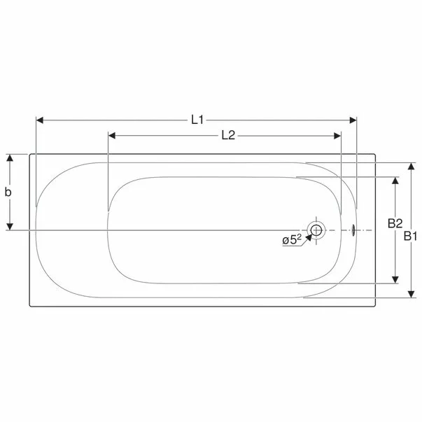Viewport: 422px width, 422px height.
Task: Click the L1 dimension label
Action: click(x=197, y=120)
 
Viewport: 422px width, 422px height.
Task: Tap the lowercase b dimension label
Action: click(x=9, y=192)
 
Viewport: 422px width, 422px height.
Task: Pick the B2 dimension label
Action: click(x=395, y=224)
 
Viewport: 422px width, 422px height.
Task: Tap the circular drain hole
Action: click(x=316, y=230)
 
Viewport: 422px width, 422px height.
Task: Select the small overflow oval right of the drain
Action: click(x=353, y=230)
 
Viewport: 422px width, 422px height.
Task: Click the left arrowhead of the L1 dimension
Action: click(x=39, y=120)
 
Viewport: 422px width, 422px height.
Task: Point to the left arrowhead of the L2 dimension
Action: click(x=112, y=136)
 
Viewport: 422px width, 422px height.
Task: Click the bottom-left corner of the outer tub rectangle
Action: click(x=29, y=307)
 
